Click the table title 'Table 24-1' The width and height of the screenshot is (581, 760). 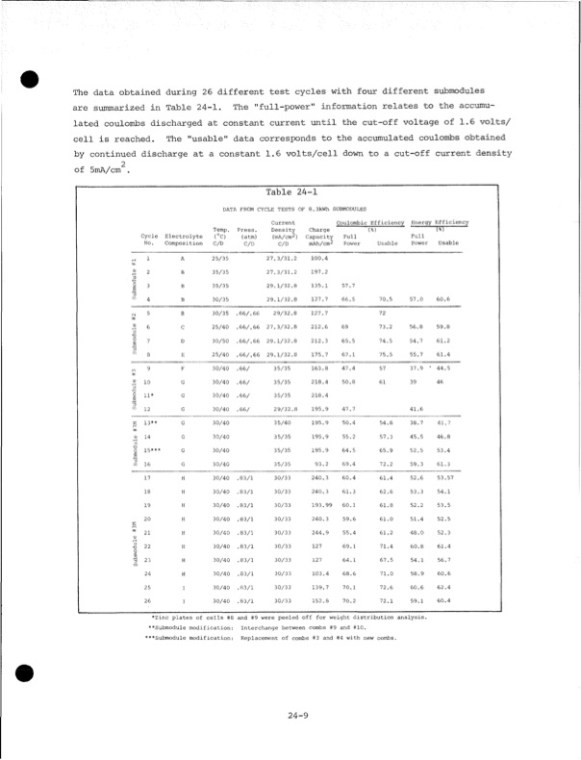click(x=290, y=190)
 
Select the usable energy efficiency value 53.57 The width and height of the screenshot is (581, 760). click(x=444, y=477)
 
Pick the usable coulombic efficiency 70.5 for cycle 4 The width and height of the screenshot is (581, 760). click(x=387, y=299)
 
